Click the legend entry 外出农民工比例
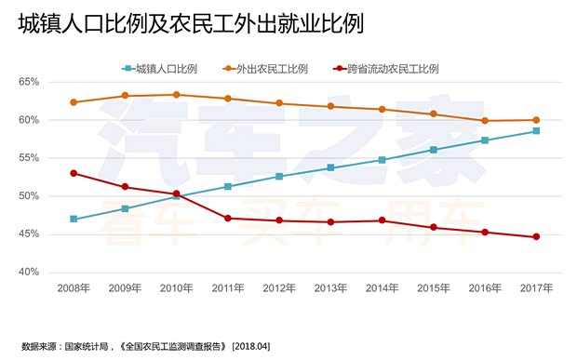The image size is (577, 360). [271, 69]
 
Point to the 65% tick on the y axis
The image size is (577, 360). [27, 82]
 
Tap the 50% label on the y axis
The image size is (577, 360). [27, 196]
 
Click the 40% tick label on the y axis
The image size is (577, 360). [27, 273]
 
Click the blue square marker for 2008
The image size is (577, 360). [74, 220]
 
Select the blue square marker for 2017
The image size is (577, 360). [536, 131]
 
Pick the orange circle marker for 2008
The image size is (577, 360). [74, 102]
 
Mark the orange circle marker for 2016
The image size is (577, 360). [485, 121]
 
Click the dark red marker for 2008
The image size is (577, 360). [74, 173]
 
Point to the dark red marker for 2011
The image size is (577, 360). [228, 219]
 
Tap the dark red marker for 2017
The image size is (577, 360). [536, 237]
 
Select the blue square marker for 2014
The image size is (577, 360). [382, 160]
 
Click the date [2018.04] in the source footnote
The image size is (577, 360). [250, 346]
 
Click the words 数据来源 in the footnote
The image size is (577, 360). [39, 346]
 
